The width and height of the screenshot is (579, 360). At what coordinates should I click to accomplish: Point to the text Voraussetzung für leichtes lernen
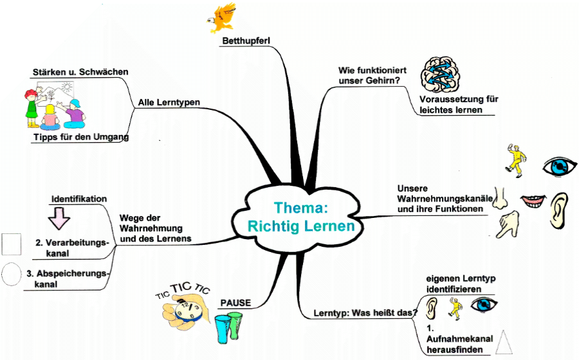458,104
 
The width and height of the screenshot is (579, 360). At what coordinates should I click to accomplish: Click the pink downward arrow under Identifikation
59,218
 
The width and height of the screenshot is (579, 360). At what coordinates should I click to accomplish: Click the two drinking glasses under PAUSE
228,326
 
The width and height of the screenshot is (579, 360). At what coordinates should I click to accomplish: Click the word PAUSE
235,302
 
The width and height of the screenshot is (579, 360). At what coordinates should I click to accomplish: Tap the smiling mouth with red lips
532,203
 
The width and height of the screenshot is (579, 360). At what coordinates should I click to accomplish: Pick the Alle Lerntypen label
169,102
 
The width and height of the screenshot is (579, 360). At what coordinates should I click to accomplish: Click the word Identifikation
78,199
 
